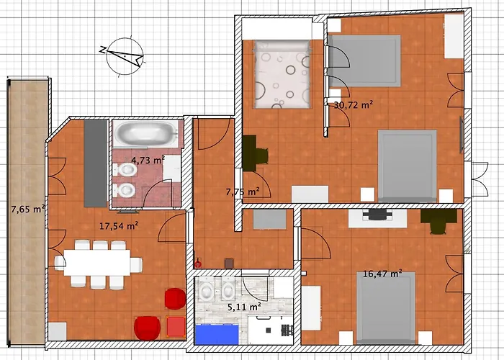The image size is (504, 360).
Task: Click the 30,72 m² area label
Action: point(354,105)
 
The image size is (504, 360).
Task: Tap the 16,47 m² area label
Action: point(382,274)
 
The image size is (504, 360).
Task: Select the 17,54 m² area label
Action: point(119,226)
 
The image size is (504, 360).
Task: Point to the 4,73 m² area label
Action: point(148,160)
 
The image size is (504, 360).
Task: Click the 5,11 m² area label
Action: point(244,307)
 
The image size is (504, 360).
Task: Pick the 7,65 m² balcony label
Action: point(28,210)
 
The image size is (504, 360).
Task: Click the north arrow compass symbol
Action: point(124,56)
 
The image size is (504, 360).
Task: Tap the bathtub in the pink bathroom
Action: point(146,133)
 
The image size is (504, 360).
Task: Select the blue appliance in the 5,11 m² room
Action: point(217,335)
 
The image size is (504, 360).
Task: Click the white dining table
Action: point(97,263)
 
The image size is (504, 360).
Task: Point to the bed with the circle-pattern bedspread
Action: point(282,74)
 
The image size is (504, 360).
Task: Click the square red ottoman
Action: point(176,326)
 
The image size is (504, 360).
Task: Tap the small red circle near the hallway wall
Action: point(198,264)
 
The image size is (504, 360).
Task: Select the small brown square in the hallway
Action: point(229,264)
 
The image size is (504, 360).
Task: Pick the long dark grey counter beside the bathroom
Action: point(95,163)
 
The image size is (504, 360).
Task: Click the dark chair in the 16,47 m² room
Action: point(438,221)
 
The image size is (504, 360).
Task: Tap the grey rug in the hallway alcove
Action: point(269,219)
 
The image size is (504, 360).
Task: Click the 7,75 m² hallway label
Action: point(243,192)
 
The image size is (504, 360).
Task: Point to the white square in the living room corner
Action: point(58,331)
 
